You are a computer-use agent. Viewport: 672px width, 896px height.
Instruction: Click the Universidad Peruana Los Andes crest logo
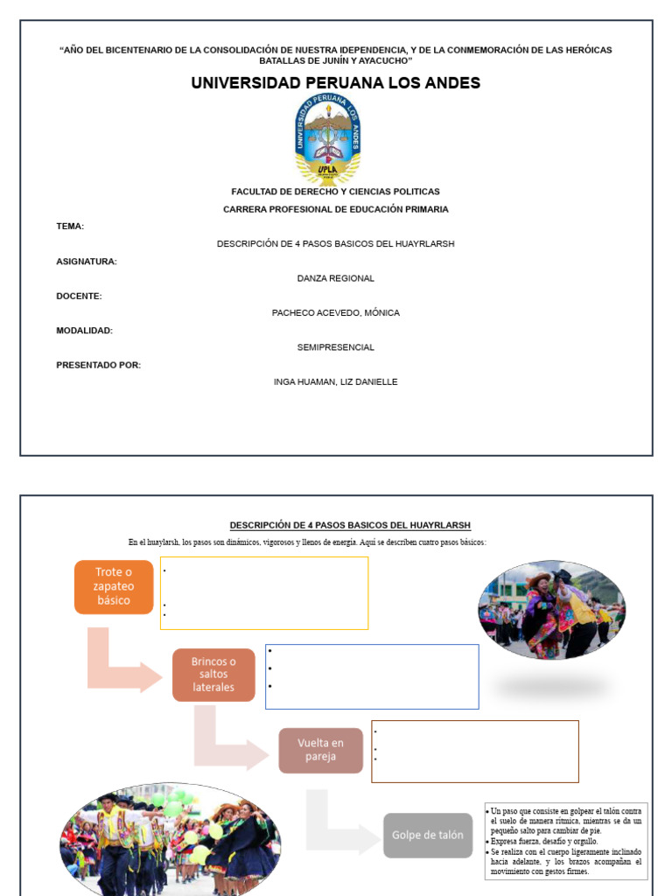(x=327, y=140)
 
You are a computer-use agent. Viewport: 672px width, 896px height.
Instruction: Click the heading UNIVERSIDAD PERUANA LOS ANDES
(x=336, y=83)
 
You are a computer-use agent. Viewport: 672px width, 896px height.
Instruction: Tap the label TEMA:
(x=70, y=227)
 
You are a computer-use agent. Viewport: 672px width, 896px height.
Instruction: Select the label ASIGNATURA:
(x=87, y=262)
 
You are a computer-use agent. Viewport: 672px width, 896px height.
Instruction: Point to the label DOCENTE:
(x=79, y=296)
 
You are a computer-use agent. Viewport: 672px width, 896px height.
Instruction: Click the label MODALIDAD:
(x=84, y=331)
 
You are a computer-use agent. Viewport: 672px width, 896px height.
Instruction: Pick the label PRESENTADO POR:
(x=98, y=365)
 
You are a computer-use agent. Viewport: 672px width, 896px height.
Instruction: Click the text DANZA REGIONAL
(x=336, y=278)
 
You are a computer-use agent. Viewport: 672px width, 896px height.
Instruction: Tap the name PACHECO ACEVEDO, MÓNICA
(x=336, y=312)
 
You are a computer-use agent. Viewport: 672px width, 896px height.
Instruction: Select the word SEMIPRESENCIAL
(x=336, y=347)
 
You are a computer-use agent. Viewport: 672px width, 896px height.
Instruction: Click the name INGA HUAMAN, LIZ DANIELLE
(x=336, y=381)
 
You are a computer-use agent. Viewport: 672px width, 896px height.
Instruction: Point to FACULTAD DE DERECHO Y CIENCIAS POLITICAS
(x=336, y=192)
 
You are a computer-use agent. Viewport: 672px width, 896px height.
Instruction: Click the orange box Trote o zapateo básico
(x=114, y=586)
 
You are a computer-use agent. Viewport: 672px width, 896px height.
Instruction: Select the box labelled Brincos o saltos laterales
(x=213, y=675)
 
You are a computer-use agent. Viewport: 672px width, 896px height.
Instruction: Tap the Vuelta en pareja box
(x=320, y=750)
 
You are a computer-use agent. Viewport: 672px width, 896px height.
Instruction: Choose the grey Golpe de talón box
(x=428, y=835)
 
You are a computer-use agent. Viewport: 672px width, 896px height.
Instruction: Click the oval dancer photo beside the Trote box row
(x=551, y=610)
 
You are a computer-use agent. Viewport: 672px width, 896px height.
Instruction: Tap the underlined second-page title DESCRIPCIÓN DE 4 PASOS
(x=350, y=525)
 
